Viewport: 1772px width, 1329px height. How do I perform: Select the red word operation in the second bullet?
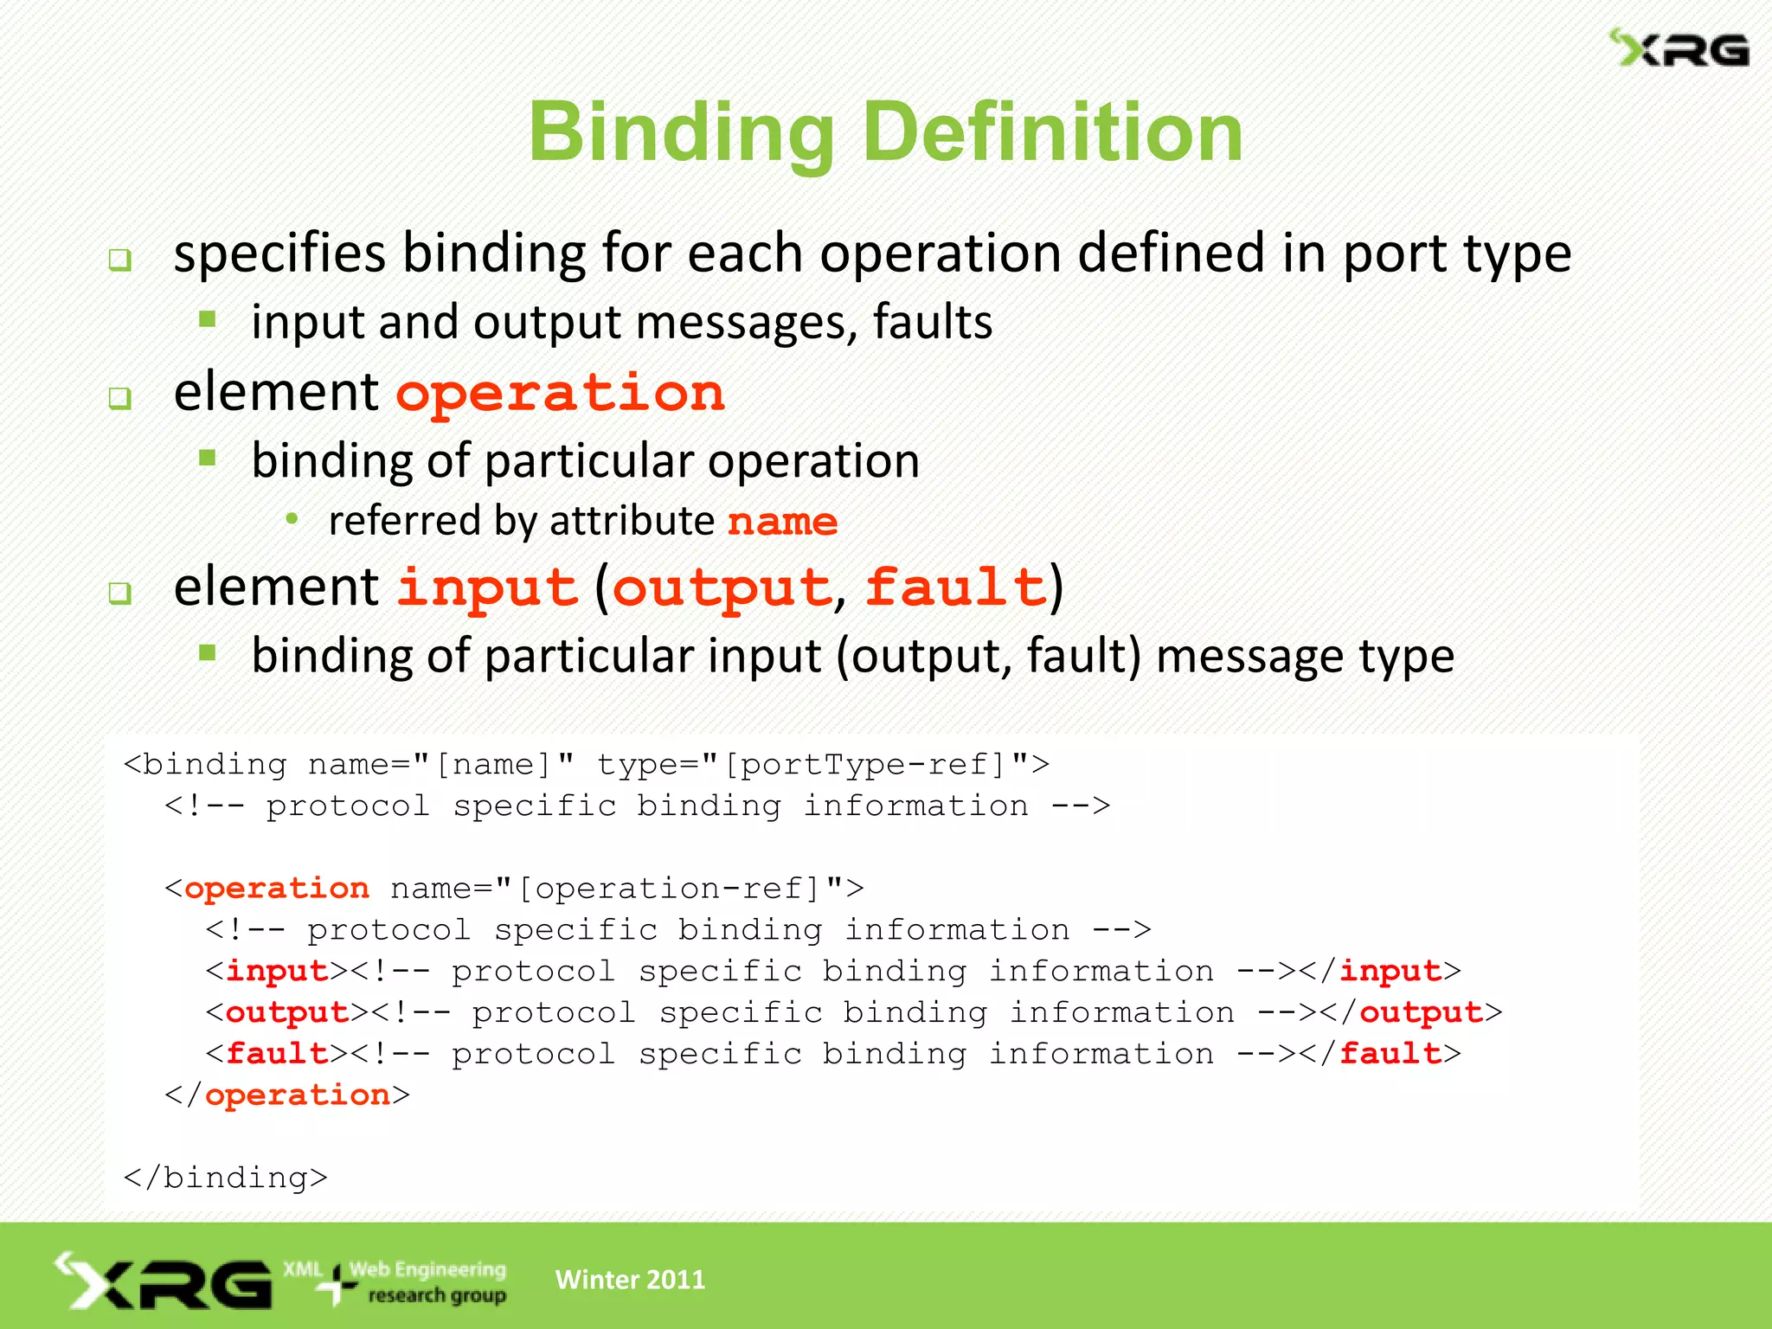560,395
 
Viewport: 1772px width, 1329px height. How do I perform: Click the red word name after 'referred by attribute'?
782,522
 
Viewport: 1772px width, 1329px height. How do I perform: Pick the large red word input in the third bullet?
487,588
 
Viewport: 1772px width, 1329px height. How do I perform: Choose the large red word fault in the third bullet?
956,588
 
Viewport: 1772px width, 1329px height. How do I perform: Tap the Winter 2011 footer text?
630,1279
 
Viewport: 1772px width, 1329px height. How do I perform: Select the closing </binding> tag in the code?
226,1178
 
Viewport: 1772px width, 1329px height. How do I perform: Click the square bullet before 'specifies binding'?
119,260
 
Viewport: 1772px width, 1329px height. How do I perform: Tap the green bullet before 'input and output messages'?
208,320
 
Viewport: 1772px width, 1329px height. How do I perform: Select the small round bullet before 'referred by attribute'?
292,519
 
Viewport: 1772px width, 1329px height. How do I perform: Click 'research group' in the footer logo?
437,1296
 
